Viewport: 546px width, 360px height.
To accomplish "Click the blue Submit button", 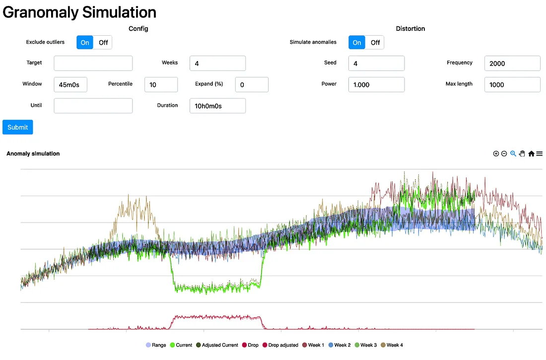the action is point(18,127).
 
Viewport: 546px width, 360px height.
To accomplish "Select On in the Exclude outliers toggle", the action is point(85,43).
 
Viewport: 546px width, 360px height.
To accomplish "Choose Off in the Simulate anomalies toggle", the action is point(375,43).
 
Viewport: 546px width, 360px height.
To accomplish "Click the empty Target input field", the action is point(93,64).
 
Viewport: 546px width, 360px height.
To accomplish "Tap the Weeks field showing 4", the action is point(217,64).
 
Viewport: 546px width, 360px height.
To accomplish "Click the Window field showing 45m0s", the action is point(70,85).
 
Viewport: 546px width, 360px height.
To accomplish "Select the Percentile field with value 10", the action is point(161,85).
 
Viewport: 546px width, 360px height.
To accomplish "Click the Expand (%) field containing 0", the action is point(252,85).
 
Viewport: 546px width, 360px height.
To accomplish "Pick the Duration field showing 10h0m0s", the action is point(217,106).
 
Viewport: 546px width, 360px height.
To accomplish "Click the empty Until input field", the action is point(93,106).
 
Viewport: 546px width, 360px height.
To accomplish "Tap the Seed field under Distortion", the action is point(376,64).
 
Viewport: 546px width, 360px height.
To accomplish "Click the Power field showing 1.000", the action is point(376,85).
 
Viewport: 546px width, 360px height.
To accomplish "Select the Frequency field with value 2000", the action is point(512,64).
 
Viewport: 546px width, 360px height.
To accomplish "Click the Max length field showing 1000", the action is point(512,85).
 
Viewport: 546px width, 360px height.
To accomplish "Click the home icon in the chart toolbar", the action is point(531,154).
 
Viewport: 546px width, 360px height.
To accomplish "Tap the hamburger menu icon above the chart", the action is point(540,154).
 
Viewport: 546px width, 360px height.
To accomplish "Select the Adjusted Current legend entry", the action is point(217,345).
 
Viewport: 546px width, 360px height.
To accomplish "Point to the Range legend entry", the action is point(156,345).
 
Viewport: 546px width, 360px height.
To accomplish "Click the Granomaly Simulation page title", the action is point(79,12).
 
